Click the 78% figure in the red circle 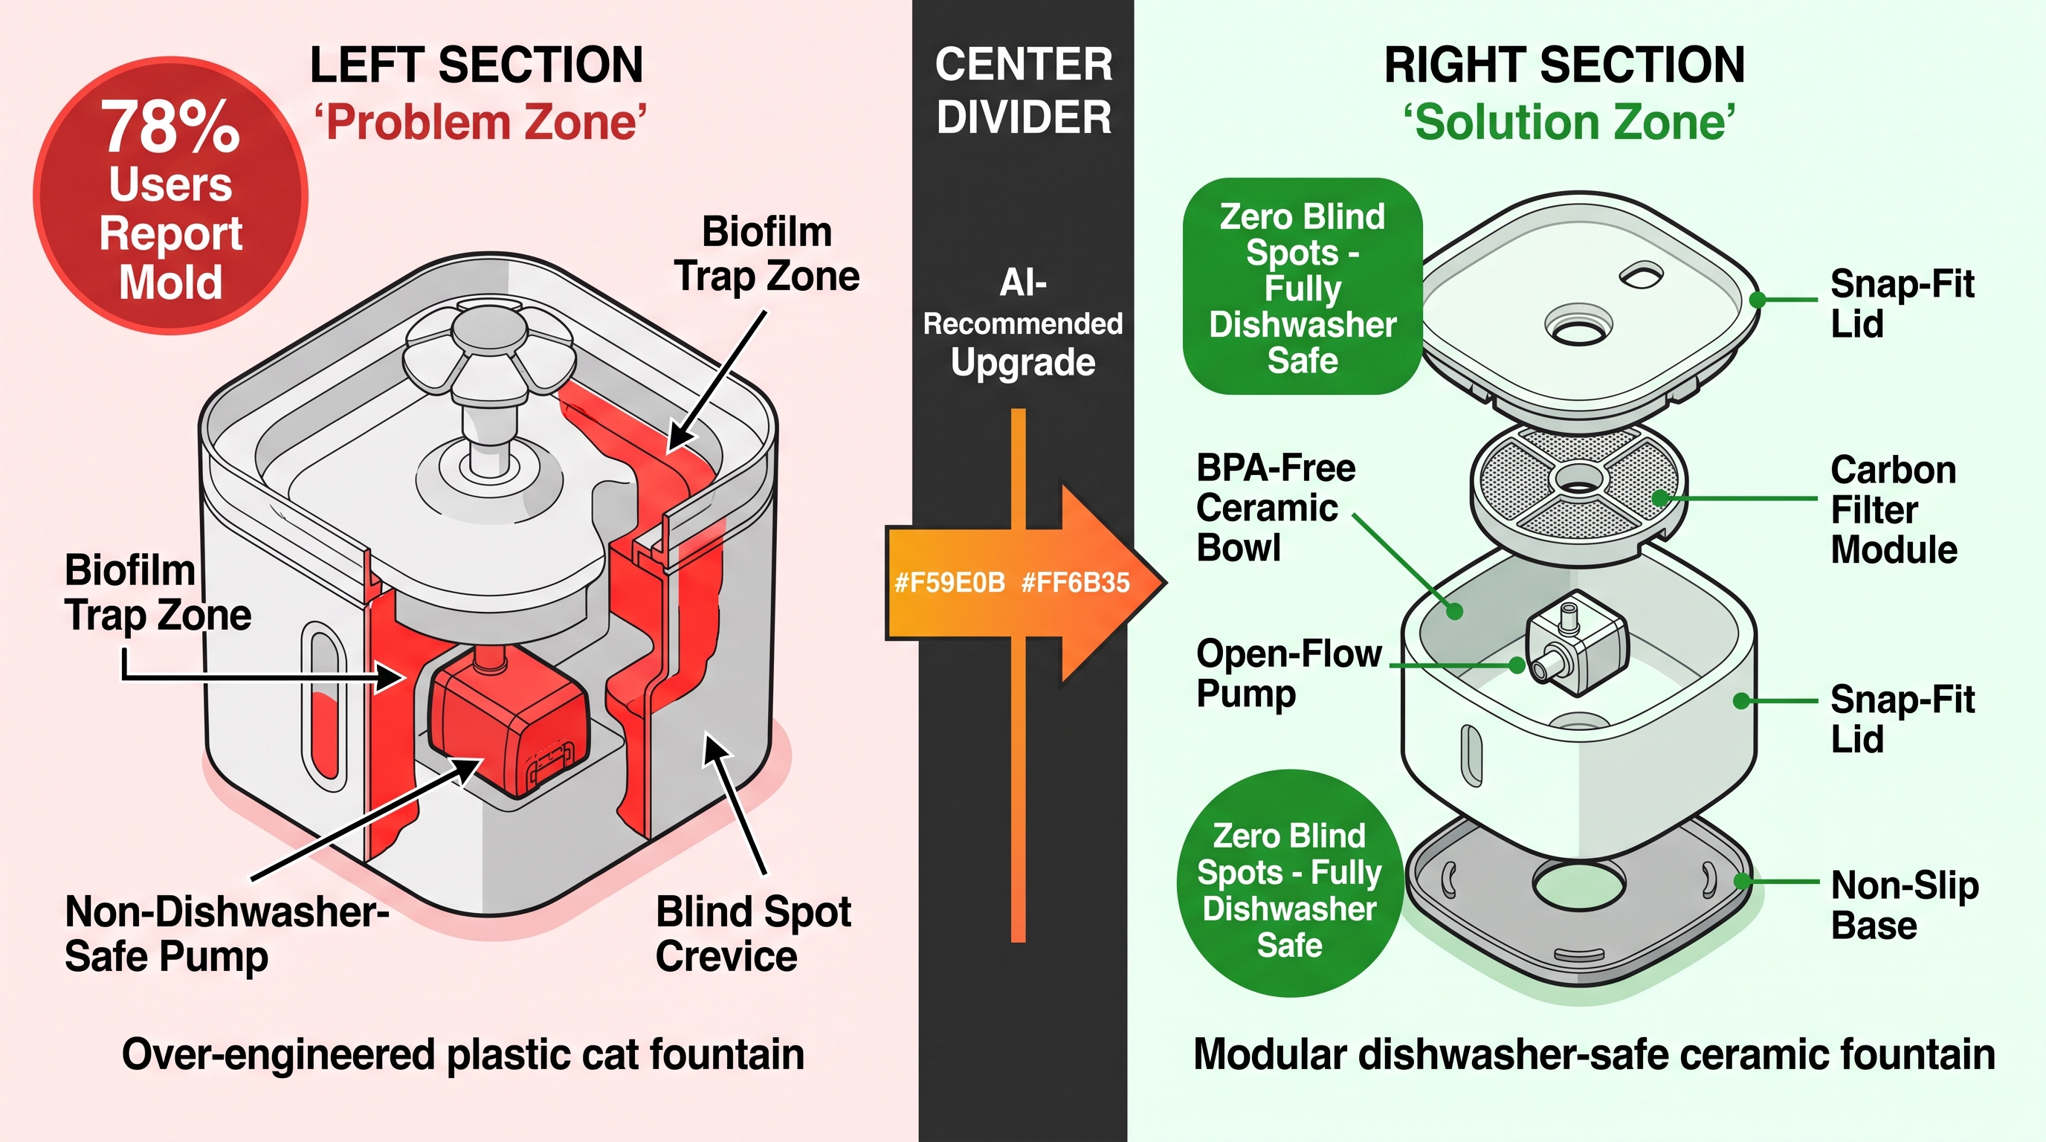point(170,127)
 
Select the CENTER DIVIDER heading point(1023,90)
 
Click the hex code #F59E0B point(950,583)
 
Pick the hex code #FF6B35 point(1076,583)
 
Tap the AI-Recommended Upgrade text point(1023,323)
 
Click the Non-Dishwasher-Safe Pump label point(226,934)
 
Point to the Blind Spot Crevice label point(753,934)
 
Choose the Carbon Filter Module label point(1894,510)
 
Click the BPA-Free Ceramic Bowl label point(1276,509)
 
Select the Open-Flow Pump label point(1288,673)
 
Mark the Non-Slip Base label point(1905,905)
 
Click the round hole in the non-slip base point(1580,883)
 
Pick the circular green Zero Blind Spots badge point(1289,883)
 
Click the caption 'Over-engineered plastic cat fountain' point(463,1056)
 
